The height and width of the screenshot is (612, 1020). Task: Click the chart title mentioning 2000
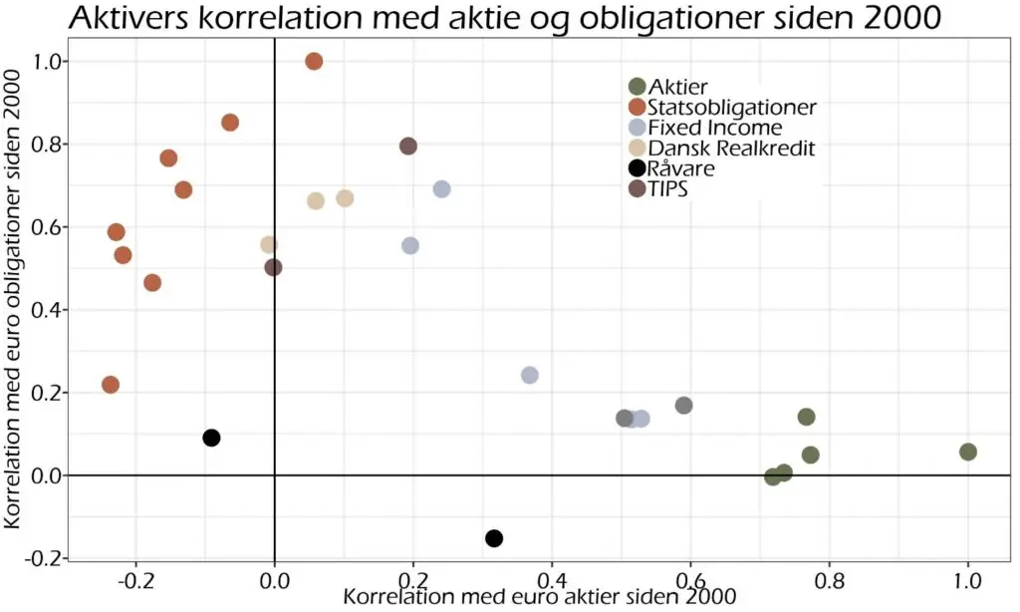505,18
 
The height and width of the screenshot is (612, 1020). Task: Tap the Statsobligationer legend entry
723,107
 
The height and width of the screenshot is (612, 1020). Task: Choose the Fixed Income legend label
715,128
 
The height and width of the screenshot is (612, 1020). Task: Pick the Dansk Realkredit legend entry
722,149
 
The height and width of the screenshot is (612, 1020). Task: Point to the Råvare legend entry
672,168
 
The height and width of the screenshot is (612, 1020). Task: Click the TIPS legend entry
658,188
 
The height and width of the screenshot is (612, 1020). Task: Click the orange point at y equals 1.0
314,61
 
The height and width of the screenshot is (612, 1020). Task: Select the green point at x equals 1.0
968,452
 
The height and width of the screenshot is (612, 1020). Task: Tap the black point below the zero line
494,538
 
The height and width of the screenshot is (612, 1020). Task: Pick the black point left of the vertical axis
211,438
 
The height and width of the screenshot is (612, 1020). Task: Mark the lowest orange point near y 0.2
111,385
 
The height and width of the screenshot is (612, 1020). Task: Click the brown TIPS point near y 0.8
407,146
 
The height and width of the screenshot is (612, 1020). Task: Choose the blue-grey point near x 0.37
530,375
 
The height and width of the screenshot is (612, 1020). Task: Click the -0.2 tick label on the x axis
135,579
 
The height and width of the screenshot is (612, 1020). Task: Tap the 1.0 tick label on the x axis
967,579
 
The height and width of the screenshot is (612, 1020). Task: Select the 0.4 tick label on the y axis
45,310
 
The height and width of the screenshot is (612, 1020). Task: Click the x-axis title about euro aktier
539,596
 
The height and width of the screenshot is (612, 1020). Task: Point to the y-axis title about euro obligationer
13,299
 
